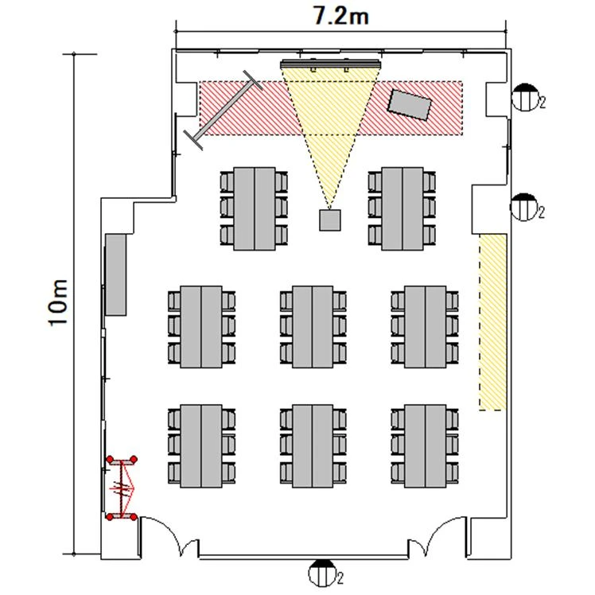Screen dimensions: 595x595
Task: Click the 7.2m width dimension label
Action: click(340, 17)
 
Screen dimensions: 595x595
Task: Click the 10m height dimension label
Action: click(58, 302)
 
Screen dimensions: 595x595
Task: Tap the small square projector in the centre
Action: click(329, 220)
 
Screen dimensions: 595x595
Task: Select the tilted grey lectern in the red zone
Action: click(410, 105)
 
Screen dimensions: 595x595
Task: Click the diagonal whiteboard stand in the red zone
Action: click(223, 110)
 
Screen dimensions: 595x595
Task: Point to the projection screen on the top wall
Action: click(330, 64)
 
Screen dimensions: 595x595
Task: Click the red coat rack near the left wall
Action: click(122, 488)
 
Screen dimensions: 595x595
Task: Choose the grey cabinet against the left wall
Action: click(115, 274)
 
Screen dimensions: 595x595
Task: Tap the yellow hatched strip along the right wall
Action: click(492, 322)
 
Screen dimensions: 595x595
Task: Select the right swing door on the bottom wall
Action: click(437, 535)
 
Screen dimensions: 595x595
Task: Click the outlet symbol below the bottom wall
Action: click(322, 573)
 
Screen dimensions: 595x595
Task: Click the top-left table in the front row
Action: click(255, 208)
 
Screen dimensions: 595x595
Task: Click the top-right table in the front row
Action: click(402, 208)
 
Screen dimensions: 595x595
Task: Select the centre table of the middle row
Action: click(313, 327)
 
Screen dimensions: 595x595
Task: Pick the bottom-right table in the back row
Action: click(425, 446)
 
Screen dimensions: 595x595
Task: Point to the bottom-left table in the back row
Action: click(201, 446)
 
